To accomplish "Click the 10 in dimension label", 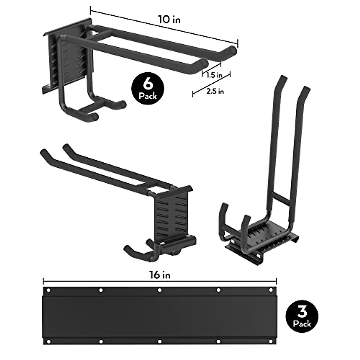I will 169,20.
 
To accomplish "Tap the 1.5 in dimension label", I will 214,75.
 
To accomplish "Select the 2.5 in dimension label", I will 215,91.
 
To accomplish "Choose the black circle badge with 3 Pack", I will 302,317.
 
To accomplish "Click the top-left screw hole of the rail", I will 48,290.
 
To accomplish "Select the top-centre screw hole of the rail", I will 160,290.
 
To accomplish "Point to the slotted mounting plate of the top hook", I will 72,60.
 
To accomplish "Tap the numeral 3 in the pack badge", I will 302,312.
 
